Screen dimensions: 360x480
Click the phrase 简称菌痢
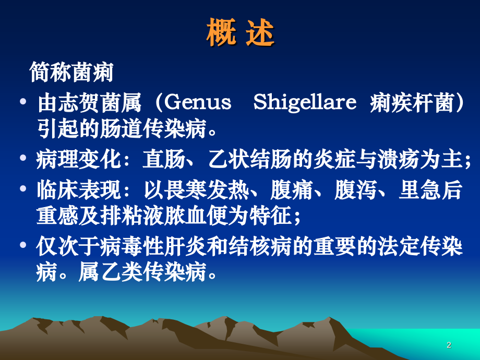pos(71,73)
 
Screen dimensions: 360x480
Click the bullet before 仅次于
pos(22,246)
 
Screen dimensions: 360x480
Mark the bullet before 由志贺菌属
pos(22,102)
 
